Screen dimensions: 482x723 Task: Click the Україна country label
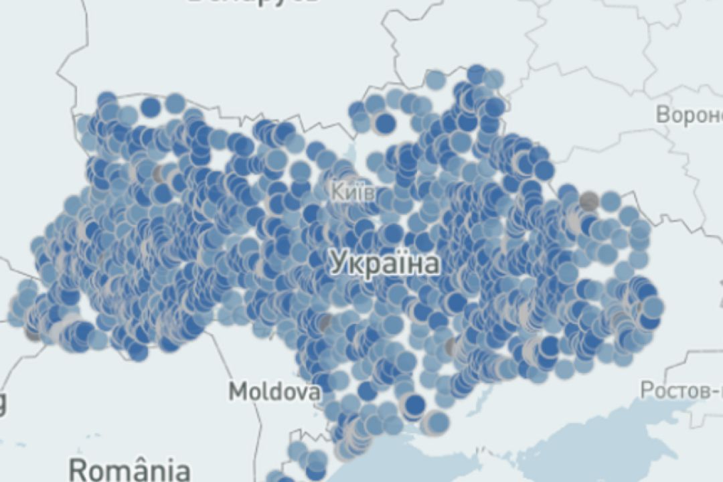click(386, 263)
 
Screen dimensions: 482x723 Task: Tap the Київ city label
click(353, 193)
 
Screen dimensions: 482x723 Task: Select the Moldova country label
click(274, 392)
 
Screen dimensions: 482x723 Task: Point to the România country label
click(129, 469)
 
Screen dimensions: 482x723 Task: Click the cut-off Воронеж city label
click(690, 114)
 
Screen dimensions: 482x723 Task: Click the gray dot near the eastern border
click(588, 200)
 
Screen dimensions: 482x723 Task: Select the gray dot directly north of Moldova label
click(324, 323)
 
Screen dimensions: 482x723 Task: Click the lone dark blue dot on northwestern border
click(151, 106)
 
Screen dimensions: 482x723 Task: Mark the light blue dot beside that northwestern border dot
click(175, 103)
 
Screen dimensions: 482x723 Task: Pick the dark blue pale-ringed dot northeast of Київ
click(385, 123)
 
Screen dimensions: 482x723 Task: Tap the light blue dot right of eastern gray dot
click(610, 201)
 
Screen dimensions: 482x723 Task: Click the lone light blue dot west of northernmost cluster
click(436, 80)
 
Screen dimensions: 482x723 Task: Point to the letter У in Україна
click(339, 263)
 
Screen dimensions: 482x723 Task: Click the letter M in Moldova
click(238, 392)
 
